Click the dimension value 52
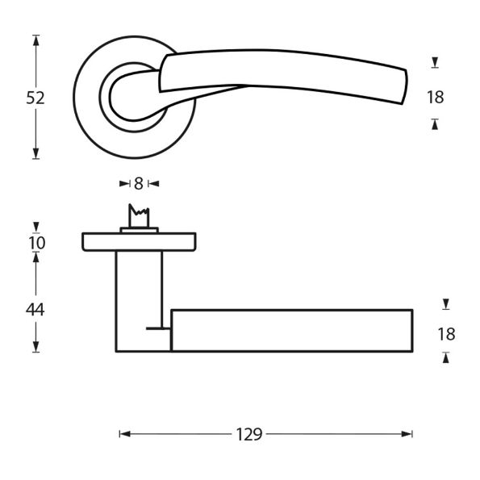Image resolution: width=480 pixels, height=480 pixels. coord(35,98)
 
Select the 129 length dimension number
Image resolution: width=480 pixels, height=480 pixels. coord(249,434)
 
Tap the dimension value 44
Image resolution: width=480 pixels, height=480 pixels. coord(35,310)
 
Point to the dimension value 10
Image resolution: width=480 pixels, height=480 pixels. coord(37,243)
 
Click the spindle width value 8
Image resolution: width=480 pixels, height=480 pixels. coord(139,184)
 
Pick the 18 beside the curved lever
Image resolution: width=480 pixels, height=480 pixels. coord(436,98)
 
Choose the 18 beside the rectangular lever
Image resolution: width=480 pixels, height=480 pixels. coord(446,334)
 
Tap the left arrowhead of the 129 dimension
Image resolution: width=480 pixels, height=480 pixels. coord(125,434)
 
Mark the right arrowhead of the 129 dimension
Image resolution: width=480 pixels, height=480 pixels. coord(407,434)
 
